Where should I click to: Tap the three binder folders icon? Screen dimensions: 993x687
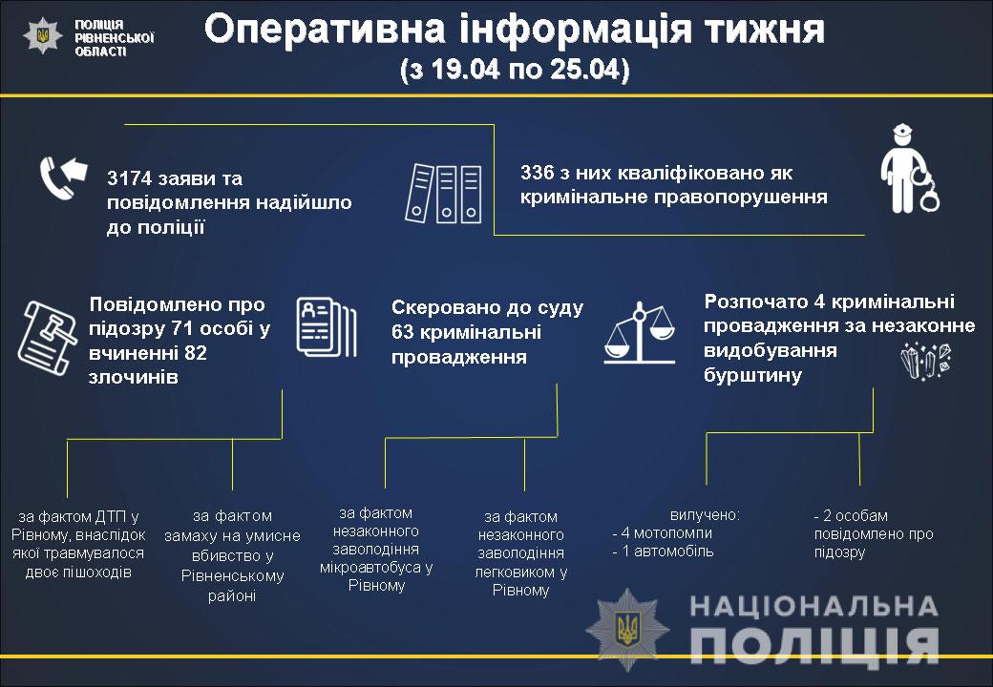pyautogui.click(x=443, y=194)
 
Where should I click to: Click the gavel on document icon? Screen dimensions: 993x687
pyautogui.click(x=47, y=338)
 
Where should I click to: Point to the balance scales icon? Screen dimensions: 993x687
pyautogui.click(x=640, y=332)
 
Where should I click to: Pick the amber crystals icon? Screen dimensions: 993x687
pyautogui.click(x=926, y=361)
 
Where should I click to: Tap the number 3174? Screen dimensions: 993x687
pyautogui.click(x=128, y=178)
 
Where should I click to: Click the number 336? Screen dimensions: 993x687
pyautogui.click(x=537, y=173)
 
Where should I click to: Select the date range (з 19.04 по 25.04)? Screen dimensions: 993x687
pyautogui.click(x=515, y=70)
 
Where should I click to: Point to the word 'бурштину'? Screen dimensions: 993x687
pyautogui.click(x=753, y=375)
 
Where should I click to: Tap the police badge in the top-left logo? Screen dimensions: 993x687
pyautogui.click(x=43, y=34)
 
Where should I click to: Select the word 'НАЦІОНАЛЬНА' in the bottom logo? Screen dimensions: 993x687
pyautogui.click(x=813, y=606)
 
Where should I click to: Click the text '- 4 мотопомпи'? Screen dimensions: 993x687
pyautogui.click(x=663, y=533)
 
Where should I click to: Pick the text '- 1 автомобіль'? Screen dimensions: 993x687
pyautogui.click(x=663, y=552)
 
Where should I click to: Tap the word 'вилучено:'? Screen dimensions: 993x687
pyautogui.click(x=705, y=515)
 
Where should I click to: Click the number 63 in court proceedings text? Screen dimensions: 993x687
pyautogui.click(x=402, y=332)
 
